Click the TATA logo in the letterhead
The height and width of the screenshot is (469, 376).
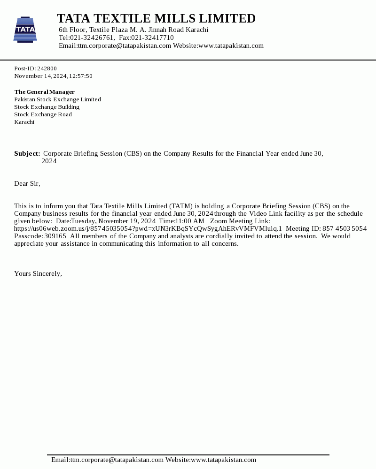pyautogui.click(x=25, y=30)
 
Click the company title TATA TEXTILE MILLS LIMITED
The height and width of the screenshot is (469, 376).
pyautogui.click(x=156, y=19)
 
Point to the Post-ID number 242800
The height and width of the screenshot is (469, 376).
pyautogui.click(x=47, y=68)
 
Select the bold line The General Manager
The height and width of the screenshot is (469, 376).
pyautogui.click(x=44, y=92)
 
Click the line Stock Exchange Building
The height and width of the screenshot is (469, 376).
pyautogui.click(x=47, y=107)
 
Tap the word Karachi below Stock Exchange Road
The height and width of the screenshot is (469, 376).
pyautogui.click(x=24, y=122)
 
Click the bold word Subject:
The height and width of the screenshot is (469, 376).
pyautogui.click(x=27, y=153)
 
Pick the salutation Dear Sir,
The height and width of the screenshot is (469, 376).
pyautogui.click(x=27, y=183)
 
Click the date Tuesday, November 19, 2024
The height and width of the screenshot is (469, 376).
pyautogui.click(x=113, y=221)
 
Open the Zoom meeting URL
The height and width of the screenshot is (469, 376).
pyautogui.click(x=148, y=228)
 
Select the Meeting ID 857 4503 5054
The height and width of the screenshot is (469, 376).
pyautogui.click(x=345, y=228)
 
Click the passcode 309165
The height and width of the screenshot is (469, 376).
pyautogui.click(x=55, y=236)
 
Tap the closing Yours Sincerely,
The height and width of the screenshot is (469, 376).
pyautogui.click(x=38, y=273)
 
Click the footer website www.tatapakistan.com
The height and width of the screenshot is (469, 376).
pyautogui.click(x=223, y=460)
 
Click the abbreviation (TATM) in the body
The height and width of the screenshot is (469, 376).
pyautogui.click(x=180, y=206)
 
